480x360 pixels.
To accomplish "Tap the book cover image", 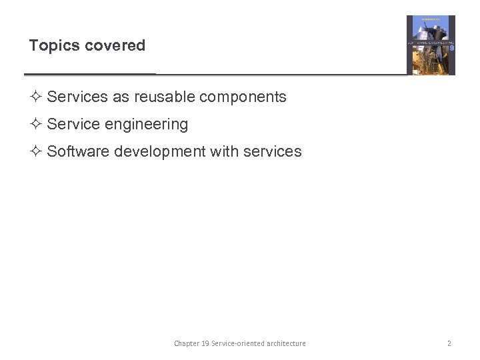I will coord(431,45).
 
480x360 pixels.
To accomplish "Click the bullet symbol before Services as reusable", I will coord(37,97).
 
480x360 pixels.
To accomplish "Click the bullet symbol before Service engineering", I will coord(37,124).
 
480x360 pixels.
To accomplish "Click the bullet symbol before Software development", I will coord(37,151).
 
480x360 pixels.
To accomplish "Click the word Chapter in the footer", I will coord(186,343).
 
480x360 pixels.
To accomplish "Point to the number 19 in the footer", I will coord(205,343).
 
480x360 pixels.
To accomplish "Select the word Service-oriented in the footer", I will coord(237,343).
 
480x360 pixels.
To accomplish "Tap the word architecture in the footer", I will coord(286,343).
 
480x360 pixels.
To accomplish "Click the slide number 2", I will coord(449,343).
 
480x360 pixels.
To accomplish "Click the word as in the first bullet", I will coord(121,97).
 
